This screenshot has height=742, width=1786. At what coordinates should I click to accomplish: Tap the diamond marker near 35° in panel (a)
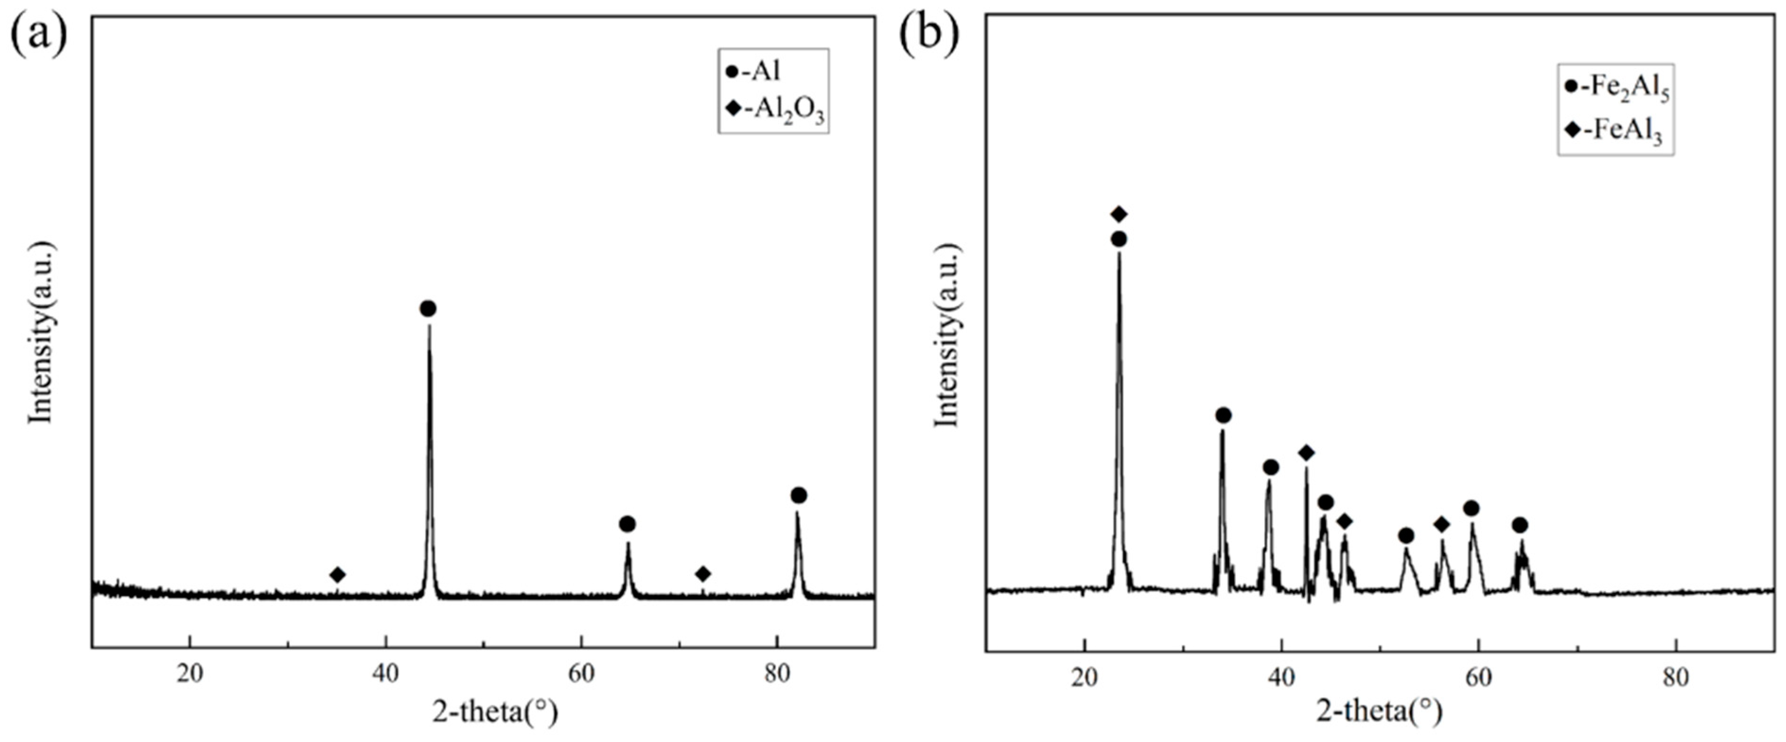[338, 574]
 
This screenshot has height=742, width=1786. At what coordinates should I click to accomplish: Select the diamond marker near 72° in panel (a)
[703, 574]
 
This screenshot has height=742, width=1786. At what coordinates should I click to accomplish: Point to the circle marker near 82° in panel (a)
[799, 495]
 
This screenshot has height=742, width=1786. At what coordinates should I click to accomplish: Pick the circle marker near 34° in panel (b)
[1223, 415]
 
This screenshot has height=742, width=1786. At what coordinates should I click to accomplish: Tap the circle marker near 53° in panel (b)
[1406, 535]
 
